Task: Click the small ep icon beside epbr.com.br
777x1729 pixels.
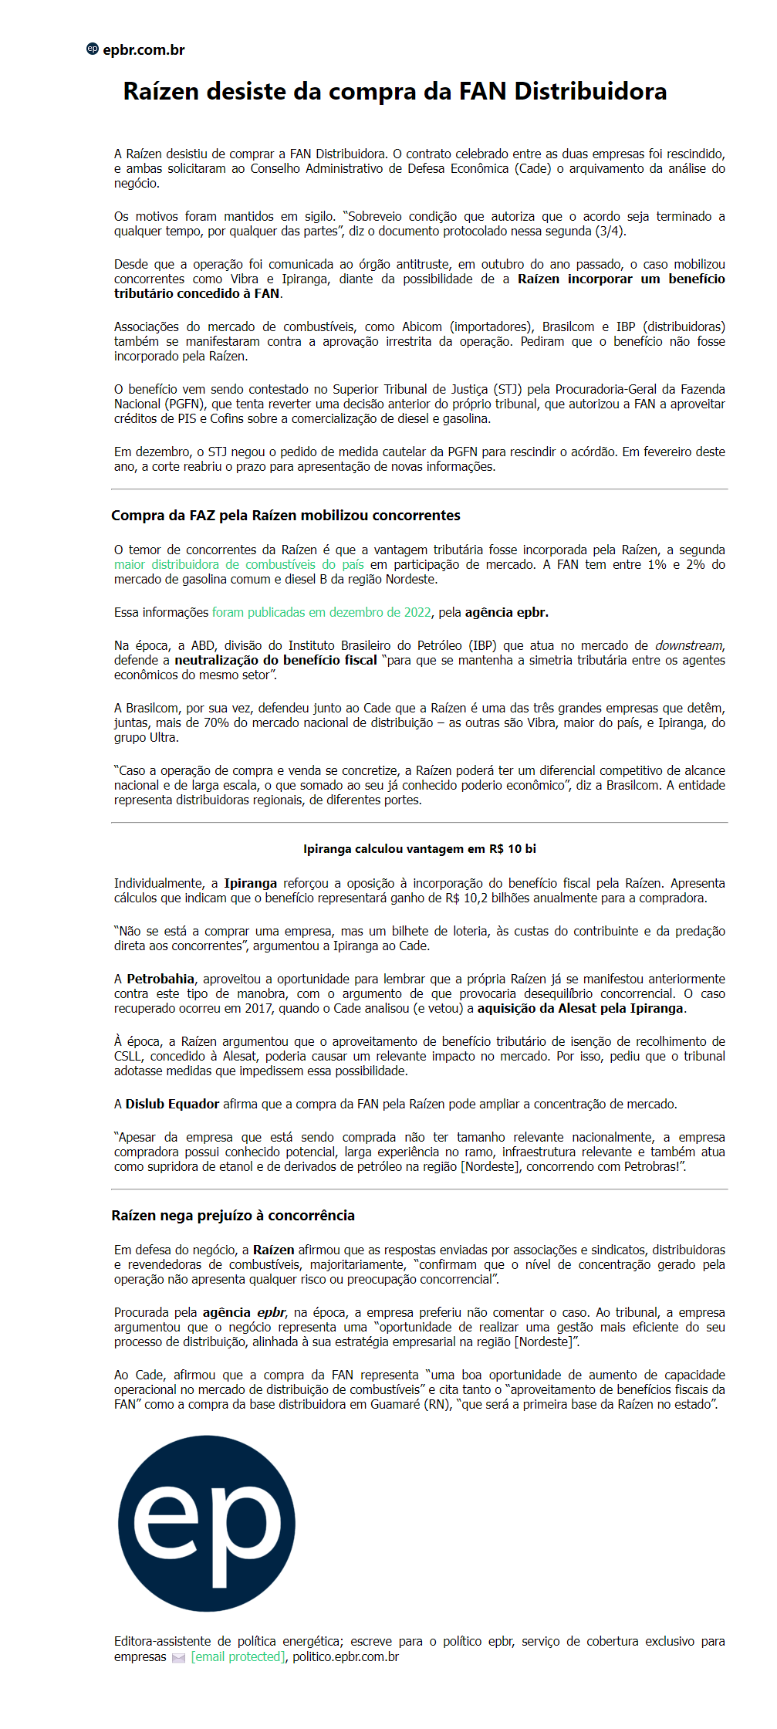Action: (93, 49)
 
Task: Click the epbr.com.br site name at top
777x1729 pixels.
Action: (144, 50)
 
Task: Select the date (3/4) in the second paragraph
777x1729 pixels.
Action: (610, 232)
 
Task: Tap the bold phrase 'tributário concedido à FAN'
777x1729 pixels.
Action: (197, 294)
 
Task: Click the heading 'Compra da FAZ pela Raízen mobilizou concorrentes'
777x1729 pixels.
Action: (285, 516)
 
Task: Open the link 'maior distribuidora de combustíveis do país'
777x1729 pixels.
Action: (238, 565)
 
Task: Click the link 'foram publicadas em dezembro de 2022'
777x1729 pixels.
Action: (322, 613)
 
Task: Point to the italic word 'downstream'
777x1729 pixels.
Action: (689, 646)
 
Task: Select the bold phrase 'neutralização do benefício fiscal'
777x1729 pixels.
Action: (275, 661)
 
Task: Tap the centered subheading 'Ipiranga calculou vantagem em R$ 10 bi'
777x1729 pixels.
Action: (419, 849)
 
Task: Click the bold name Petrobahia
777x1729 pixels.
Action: (160, 980)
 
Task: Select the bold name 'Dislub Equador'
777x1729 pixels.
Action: (172, 1105)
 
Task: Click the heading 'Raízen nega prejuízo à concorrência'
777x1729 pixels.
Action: (233, 1216)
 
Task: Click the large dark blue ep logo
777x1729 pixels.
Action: (207, 1524)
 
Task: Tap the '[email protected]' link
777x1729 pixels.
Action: (238, 1657)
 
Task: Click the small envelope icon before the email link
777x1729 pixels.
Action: (178, 1658)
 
